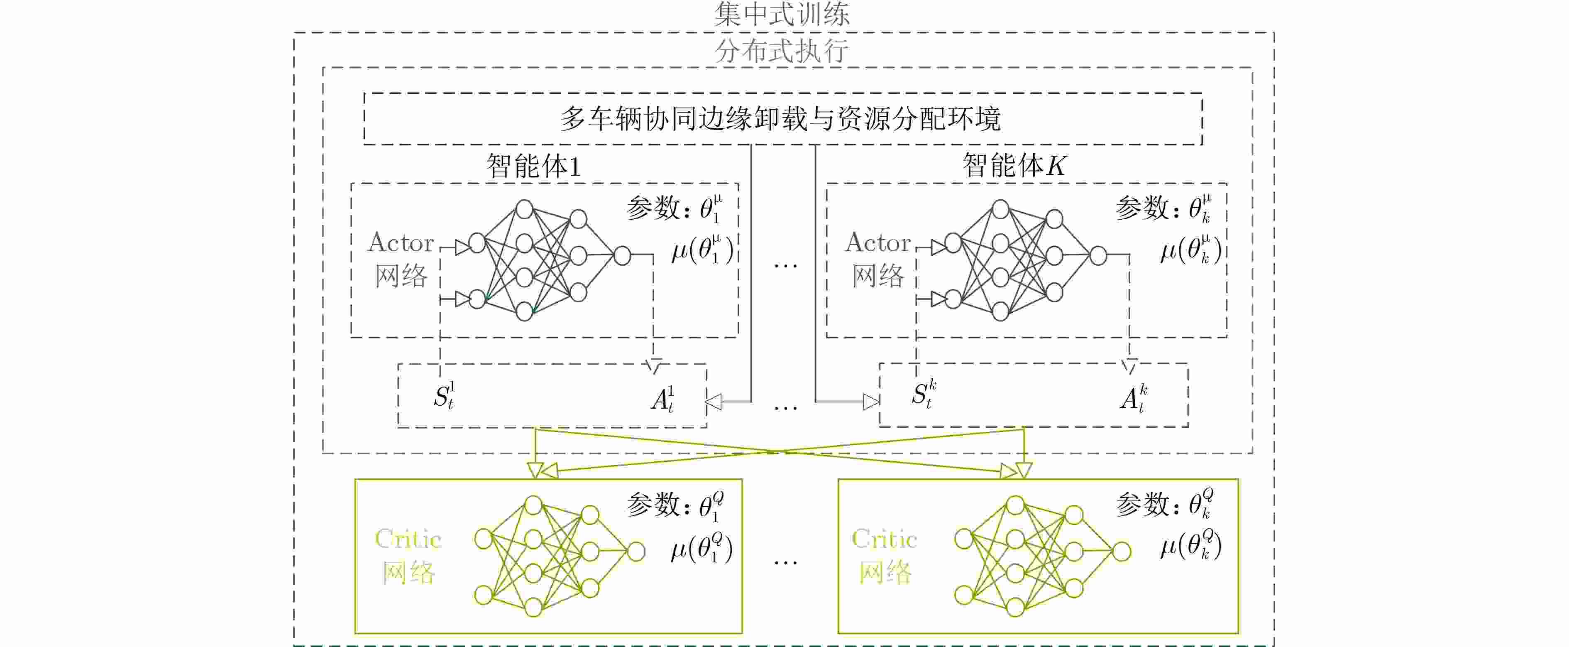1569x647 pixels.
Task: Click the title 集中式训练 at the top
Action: pos(782,13)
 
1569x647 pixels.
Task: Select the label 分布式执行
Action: pos(782,51)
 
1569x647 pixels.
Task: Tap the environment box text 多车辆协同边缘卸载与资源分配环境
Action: pos(780,119)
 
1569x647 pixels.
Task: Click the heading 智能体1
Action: pos(533,166)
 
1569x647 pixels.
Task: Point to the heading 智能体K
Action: pos(1014,165)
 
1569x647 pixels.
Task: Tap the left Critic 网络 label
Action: pos(408,556)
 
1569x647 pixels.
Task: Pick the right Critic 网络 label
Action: pos(885,556)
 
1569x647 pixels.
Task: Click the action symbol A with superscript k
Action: pos(1134,399)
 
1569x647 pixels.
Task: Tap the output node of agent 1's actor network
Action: pos(622,255)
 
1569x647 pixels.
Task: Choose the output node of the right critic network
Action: pos(1122,551)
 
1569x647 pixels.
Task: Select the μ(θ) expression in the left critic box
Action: pos(701,547)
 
